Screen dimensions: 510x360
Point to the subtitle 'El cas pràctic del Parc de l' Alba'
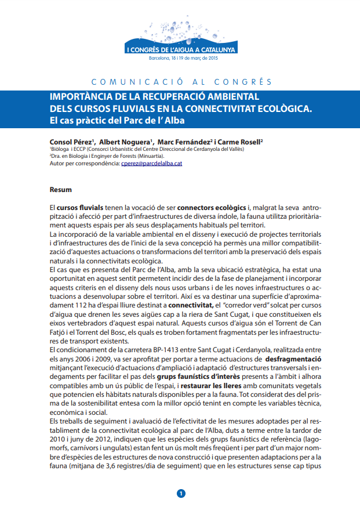120,121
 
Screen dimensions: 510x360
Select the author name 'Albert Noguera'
125,142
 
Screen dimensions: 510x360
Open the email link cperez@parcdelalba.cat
152,164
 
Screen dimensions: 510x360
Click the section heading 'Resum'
61,189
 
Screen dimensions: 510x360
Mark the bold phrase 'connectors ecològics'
212,207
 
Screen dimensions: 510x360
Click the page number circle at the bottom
180,494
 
